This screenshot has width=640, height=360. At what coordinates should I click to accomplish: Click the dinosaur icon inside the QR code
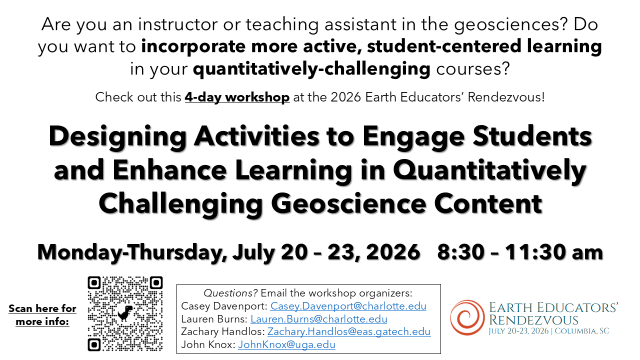pos(125,313)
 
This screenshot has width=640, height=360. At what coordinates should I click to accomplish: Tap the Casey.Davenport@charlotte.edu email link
pos(348,306)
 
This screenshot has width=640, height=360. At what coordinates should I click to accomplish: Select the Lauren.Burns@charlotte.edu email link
pos(319,319)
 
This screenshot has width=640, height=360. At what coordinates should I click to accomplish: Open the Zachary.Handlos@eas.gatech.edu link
pos(349,331)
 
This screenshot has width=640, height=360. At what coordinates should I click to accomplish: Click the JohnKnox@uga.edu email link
pos(286,344)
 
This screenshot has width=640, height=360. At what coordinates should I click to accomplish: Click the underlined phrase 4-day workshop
pos(237,97)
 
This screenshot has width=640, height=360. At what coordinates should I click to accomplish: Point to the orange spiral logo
pos(467,317)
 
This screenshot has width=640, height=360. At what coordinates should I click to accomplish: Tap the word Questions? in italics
pos(230,293)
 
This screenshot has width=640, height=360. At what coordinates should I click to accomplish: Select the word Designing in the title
pos(117,137)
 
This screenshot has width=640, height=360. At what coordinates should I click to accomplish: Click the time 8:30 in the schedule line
pos(461,252)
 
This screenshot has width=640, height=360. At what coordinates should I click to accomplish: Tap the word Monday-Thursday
pos(131,252)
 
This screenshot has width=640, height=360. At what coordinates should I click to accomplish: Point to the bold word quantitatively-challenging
pos(311,68)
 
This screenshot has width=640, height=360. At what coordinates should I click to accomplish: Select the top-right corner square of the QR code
pos(156,282)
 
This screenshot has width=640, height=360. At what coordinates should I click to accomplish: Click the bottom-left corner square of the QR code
pos(94,344)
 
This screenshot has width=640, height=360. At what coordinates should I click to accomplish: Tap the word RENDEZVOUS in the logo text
pos(533,320)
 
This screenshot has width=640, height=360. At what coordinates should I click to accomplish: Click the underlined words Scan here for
pos(42,308)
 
